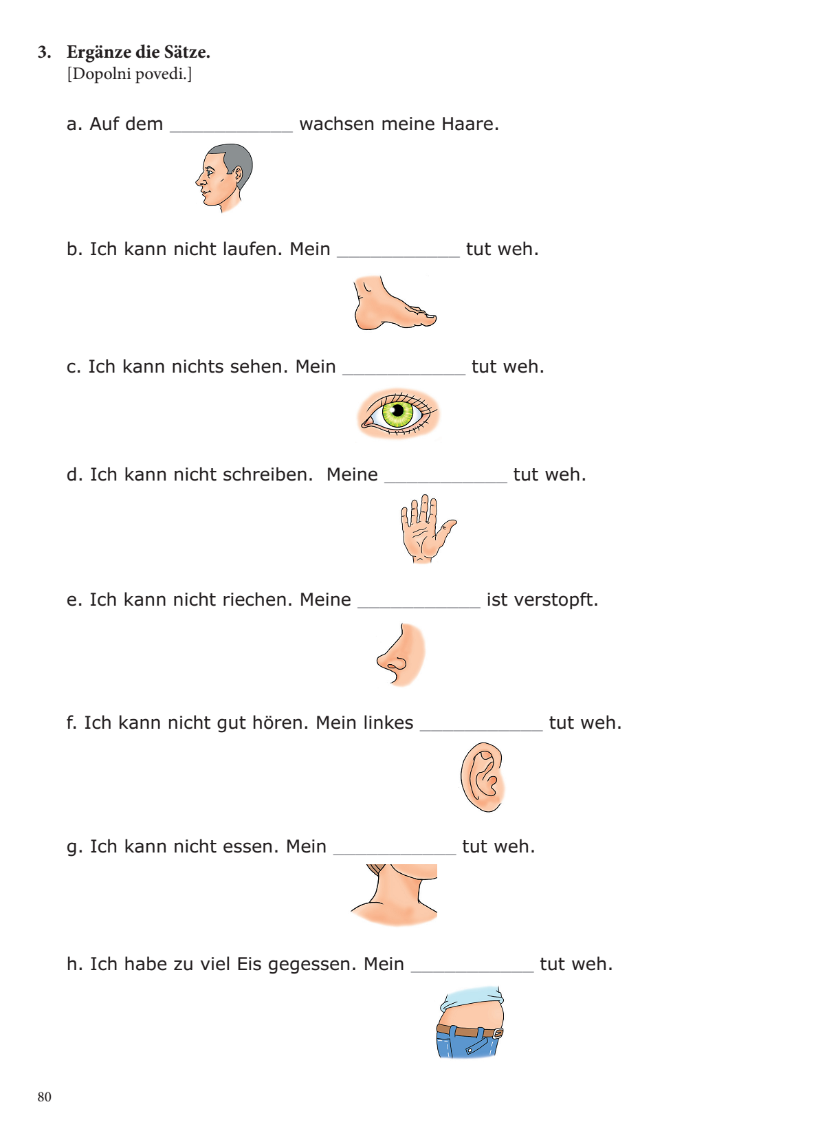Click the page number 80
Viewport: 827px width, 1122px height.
pos(44,1097)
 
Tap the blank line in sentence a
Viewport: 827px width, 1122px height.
pos(232,132)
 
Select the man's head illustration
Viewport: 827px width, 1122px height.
pos(224,178)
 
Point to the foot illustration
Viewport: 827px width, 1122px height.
pos(395,302)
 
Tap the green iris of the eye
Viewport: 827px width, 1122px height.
pos(398,412)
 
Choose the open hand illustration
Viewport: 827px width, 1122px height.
pos(428,529)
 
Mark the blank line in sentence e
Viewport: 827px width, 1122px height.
pos(419,608)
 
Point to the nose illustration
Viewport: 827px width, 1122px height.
pos(401,654)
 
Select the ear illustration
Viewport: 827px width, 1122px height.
pos(483,777)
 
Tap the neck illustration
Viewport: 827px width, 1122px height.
pos(394,895)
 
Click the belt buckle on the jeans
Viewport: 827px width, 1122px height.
pos(498,1034)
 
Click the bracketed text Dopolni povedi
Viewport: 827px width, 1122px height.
pos(129,74)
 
